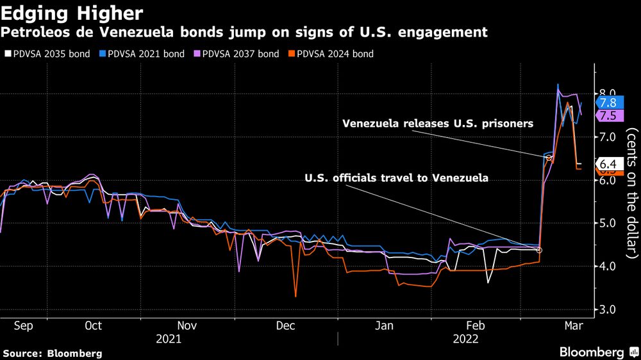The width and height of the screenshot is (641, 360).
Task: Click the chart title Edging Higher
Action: [72, 12]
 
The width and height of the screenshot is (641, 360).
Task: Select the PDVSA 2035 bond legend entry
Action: [47, 54]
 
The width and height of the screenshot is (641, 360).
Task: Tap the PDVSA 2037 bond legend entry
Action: [239, 54]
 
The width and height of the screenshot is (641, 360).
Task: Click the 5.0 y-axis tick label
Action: [606, 224]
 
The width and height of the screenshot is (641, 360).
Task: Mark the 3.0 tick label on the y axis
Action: [606, 309]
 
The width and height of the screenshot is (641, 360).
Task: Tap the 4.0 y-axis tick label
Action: [606, 266]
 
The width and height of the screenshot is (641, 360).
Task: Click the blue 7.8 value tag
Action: [608, 102]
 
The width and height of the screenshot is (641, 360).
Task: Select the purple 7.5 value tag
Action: [608, 115]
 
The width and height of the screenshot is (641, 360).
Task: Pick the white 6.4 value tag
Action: [608, 163]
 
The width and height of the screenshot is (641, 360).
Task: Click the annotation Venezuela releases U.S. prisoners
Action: [438, 124]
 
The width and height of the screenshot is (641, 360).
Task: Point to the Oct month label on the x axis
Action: [94, 326]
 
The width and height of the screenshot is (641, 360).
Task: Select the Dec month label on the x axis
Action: [285, 326]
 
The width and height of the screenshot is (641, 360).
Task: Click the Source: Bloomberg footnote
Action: [53, 353]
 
